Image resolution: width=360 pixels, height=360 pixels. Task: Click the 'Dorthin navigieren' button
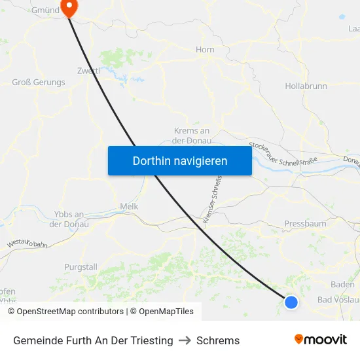pos(180,160)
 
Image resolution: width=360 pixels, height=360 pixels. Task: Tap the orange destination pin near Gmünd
pos(68,7)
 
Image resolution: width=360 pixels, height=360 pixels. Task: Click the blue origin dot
pos(291,302)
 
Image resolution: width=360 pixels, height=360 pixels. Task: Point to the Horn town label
pos(206,49)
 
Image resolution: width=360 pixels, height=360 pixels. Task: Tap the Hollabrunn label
pos(306,86)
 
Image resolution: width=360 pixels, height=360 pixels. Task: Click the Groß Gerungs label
pos(39,82)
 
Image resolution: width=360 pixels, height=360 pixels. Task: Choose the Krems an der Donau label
pos(192,135)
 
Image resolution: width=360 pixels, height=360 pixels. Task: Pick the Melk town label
pos(129,206)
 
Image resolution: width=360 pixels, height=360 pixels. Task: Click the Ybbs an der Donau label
pos(69,219)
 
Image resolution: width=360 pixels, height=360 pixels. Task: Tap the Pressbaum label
pos(305,224)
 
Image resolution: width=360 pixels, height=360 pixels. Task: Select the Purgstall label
pos(81,267)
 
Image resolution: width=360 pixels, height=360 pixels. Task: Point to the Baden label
pos(343,285)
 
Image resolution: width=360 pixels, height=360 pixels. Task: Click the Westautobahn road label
pos(27,243)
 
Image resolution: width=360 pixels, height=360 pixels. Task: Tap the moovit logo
pos(321,340)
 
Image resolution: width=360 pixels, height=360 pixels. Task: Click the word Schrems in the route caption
pos(218,340)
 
